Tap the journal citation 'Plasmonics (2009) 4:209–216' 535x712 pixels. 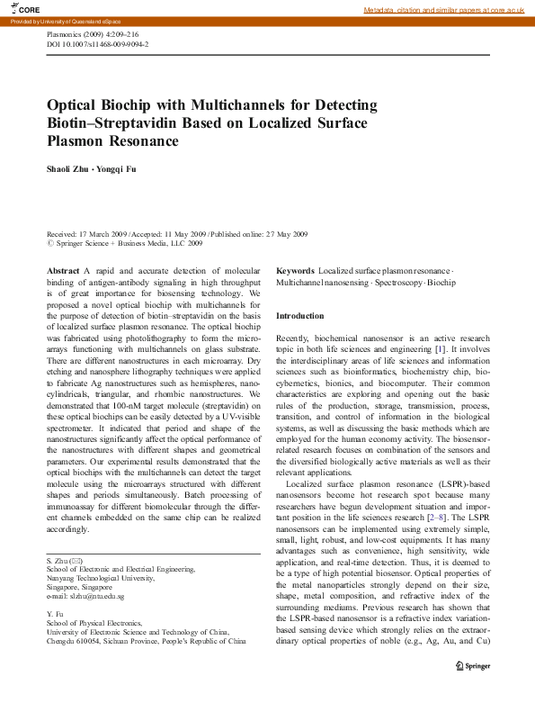tap(95, 33)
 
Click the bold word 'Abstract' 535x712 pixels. tap(63, 271)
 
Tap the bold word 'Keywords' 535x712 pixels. tap(295, 271)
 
